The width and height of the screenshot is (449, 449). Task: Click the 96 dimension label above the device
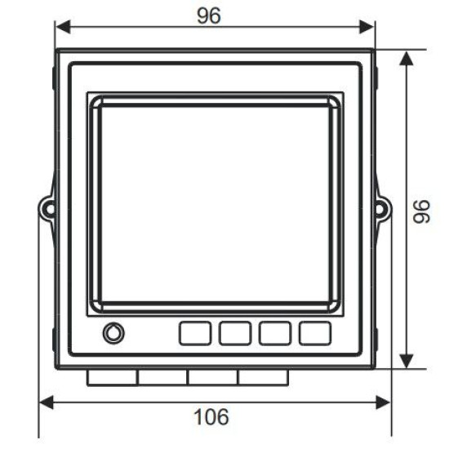pyautogui.click(x=209, y=16)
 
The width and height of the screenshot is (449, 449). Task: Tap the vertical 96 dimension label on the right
pyautogui.click(x=421, y=211)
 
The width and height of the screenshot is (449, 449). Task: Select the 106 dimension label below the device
pyautogui.click(x=211, y=416)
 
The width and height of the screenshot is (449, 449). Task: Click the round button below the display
pyautogui.click(x=113, y=333)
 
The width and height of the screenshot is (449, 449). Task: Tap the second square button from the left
pyautogui.click(x=235, y=333)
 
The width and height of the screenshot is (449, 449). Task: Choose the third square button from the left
pyautogui.click(x=275, y=333)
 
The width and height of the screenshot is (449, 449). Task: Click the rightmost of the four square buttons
pyautogui.click(x=315, y=333)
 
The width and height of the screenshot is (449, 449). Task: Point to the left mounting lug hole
pyautogui.click(x=50, y=208)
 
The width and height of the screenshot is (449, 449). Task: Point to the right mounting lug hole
pyautogui.click(x=380, y=208)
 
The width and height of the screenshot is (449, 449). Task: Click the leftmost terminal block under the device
pyautogui.click(x=112, y=378)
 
